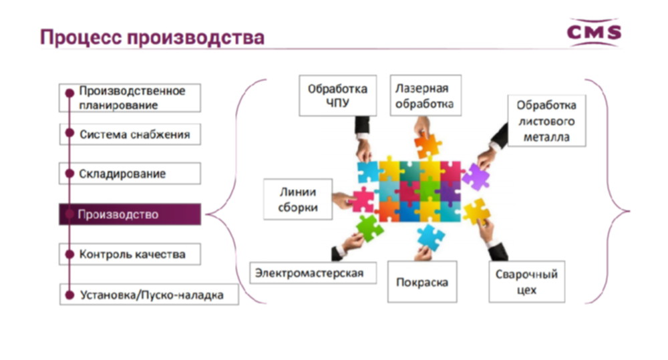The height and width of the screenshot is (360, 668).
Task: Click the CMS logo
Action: click(x=594, y=32)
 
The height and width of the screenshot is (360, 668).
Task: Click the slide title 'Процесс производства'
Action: click(x=152, y=37)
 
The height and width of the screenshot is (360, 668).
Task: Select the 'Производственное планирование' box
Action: click(x=130, y=98)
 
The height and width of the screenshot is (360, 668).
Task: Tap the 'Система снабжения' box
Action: click(x=130, y=134)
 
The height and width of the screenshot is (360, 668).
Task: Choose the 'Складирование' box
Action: click(x=130, y=174)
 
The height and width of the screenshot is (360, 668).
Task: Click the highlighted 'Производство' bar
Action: click(x=130, y=214)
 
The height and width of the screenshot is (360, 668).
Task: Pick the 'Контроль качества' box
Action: click(x=130, y=254)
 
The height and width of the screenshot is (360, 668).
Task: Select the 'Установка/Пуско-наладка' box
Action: click(x=149, y=295)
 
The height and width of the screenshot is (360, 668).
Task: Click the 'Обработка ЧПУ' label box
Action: click(x=338, y=96)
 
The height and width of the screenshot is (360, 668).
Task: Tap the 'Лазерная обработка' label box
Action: click(x=426, y=96)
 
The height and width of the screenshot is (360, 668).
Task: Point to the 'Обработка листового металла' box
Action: click(x=546, y=121)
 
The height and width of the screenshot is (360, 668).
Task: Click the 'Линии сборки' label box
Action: click(x=298, y=199)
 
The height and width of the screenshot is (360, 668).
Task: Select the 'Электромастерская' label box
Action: click(x=313, y=273)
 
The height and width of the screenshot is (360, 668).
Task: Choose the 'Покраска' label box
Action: click(x=422, y=282)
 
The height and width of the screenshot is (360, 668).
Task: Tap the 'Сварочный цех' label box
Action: click(x=527, y=282)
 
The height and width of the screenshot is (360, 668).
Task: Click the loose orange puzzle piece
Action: click(x=427, y=146)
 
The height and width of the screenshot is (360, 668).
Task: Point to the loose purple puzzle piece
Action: click(x=476, y=177)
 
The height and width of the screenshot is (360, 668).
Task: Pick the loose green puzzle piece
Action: click(x=369, y=228)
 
